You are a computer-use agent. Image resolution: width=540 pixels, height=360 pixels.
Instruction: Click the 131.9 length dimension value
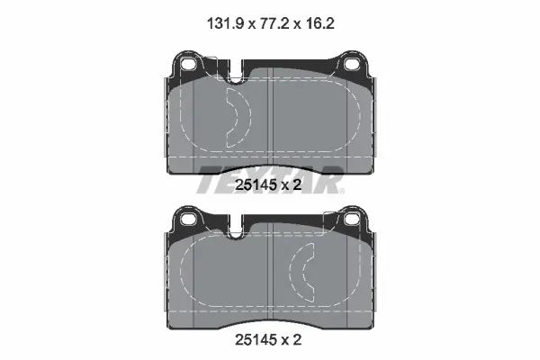[226, 23]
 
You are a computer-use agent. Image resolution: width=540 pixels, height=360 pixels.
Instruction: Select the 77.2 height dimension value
[274, 23]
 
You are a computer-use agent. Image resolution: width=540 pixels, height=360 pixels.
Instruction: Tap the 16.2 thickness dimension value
[319, 23]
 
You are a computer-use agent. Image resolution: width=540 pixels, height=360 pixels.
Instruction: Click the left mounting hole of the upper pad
[188, 64]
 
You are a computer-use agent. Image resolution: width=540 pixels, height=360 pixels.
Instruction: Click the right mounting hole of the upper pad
[352, 64]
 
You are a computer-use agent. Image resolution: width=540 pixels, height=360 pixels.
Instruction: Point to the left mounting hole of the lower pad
[188, 218]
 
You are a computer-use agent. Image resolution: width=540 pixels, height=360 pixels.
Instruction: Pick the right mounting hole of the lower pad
[352, 218]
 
